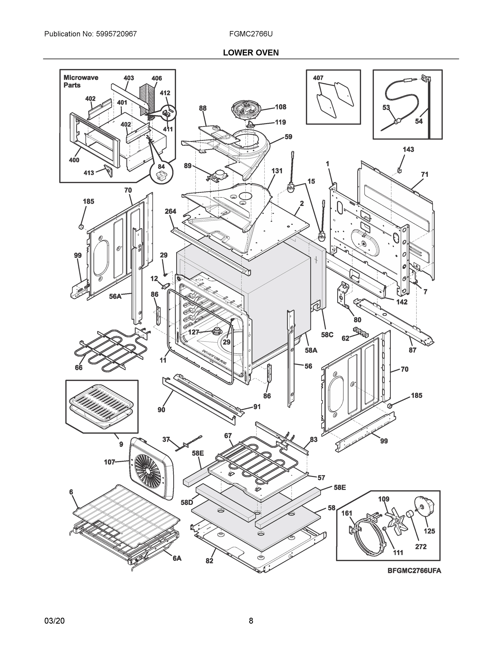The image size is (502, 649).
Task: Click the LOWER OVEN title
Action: [251, 53]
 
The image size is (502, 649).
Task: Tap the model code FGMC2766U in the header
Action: [251, 34]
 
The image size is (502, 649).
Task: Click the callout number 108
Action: [280, 107]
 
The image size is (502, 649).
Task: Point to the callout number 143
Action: [408, 150]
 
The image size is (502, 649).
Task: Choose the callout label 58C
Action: [327, 335]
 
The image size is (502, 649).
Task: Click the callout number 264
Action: [170, 211]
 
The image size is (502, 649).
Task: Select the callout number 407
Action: [318, 78]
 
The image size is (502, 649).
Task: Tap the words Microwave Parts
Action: [81, 81]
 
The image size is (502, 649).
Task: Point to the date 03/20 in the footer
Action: [54, 621]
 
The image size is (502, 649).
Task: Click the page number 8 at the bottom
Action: [251, 621]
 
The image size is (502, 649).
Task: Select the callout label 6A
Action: [177, 558]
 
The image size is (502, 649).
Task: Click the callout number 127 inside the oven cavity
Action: [193, 332]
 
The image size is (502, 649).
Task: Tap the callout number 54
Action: [418, 121]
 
